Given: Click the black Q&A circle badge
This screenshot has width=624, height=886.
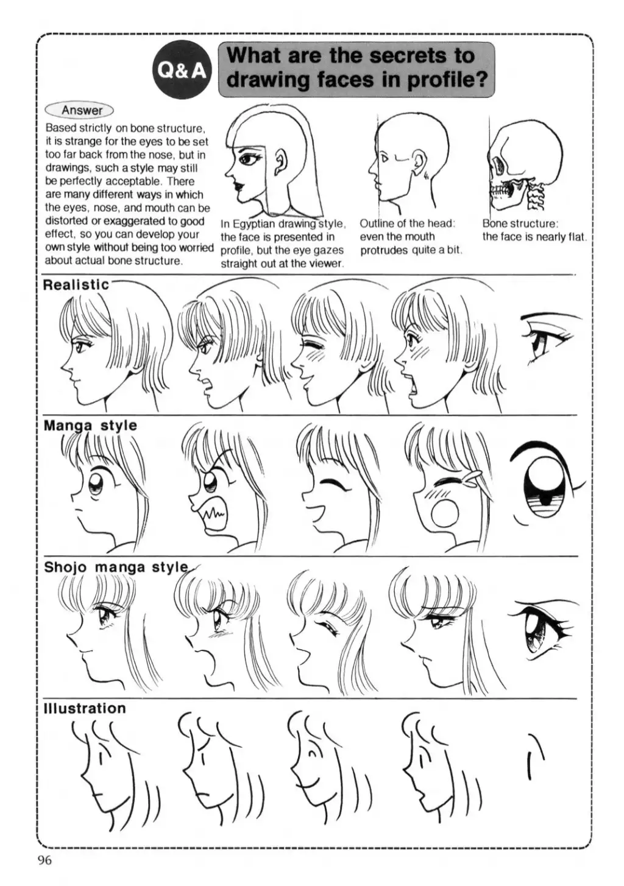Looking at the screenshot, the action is [182, 71].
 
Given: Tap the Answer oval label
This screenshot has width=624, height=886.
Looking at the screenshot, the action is [80, 110].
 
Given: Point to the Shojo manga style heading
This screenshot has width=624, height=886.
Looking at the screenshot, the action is [116, 567].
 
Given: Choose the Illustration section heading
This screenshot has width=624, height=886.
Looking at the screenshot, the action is [84, 708].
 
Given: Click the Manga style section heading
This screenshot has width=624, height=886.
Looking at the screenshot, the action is [90, 426].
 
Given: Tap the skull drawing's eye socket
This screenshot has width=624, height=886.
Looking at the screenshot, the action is [497, 165].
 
